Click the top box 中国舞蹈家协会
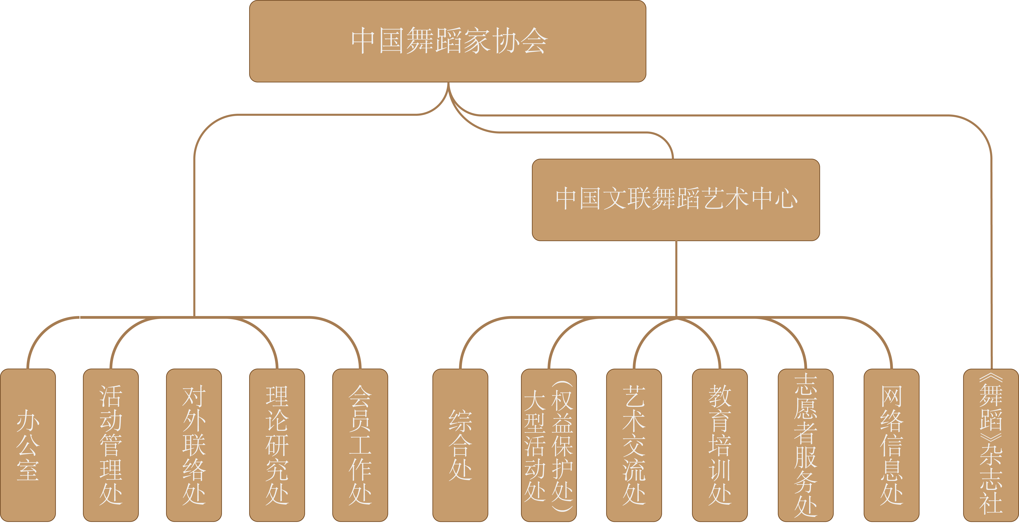coord(448,41)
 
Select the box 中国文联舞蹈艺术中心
coord(676,200)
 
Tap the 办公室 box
coord(28,445)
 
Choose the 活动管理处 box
coord(111,445)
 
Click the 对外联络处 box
coord(194,445)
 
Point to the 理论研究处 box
coord(277,445)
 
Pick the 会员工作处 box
coord(360,445)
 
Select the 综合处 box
coord(460,445)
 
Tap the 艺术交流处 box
coord(634,445)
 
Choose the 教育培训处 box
coord(720,445)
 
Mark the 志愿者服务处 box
coord(806,445)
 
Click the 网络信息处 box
coord(892,445)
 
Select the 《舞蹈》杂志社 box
coord(991,445)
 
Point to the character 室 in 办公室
coord(28,470)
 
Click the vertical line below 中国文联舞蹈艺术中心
coord(676,279)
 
